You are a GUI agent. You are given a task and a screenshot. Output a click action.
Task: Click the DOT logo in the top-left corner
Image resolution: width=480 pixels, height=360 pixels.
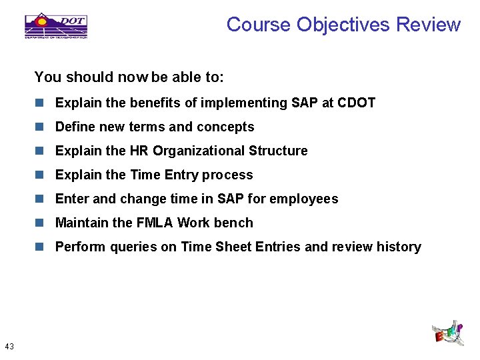tap(56, 26)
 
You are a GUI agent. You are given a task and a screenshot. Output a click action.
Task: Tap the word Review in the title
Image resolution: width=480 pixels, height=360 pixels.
tap(428, 25)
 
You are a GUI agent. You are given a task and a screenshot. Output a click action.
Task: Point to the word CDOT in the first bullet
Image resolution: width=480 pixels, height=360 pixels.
tap(357, 103)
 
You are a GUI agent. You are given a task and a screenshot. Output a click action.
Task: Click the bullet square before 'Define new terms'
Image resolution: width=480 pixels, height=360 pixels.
tap(40, 127)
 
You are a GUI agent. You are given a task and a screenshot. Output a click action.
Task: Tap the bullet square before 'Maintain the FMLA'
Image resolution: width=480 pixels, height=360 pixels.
tap(40, 223)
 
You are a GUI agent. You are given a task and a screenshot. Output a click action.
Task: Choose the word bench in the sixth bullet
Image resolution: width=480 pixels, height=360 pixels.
tap(235, 223)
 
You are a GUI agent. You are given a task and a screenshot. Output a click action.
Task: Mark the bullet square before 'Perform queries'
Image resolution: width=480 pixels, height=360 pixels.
tap(40, 247)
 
